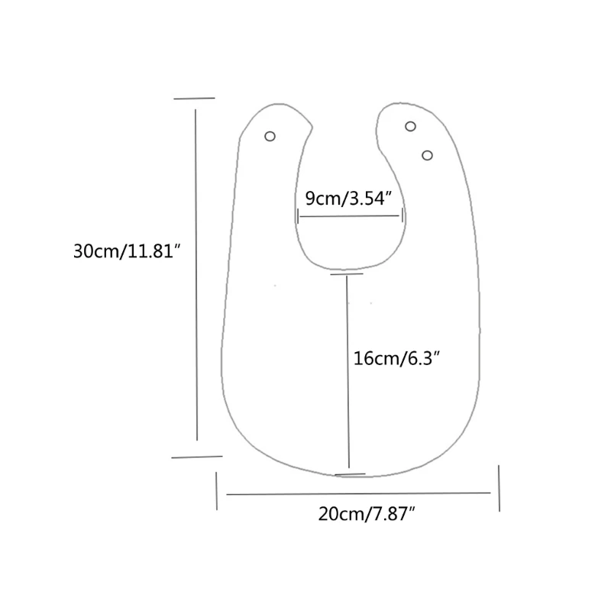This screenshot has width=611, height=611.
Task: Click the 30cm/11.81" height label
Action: [x=125, y=252]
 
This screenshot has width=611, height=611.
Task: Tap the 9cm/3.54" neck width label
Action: [x=348, y=199]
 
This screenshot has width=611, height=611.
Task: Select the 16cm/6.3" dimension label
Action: [x=398, y=357]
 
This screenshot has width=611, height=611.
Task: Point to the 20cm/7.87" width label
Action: [x=367, y=514]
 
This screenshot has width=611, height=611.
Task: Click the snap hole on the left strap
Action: [x=270, y=136]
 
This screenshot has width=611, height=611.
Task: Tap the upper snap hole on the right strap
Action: [x=410, y=126]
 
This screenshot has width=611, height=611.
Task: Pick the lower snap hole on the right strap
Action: [x=427, y=156]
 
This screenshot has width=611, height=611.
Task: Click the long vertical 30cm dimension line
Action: [x=196, y=275]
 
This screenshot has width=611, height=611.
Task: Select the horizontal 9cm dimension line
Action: [x=350, y=217]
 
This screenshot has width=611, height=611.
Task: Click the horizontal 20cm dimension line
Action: [x=359, y=493]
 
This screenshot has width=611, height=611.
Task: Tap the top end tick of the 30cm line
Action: [x=194, y=99]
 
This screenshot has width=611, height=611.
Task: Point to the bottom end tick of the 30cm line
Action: [x=196, y=457]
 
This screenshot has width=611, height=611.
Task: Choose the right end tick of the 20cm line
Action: [x=499, y=488]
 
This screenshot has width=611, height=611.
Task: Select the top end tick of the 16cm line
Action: [x=346, y=273]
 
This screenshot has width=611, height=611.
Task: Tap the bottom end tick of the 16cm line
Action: [x=350, y=474]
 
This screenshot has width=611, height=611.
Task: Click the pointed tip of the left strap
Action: [x=312, y=125]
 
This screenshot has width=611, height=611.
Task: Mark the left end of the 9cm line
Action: [x=298, y=217]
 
